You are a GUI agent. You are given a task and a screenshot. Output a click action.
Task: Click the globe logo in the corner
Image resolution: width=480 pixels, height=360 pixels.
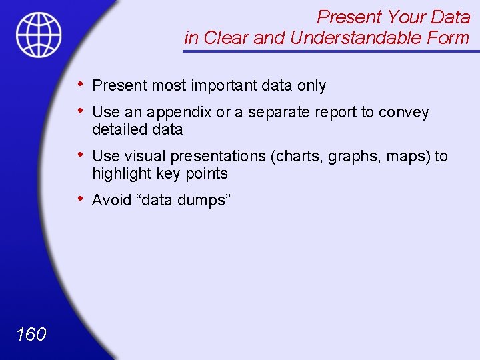(x=39, y=34)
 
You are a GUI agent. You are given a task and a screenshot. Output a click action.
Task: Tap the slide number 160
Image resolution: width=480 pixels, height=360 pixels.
(x=31, y=334)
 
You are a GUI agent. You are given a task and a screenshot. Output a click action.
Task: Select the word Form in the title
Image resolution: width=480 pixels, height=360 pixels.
(x=449, y=38)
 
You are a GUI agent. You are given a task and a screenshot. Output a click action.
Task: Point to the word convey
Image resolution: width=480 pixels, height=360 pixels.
(x=403, y=112)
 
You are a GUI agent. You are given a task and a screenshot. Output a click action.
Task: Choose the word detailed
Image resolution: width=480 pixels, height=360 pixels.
(x=119, y=129)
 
